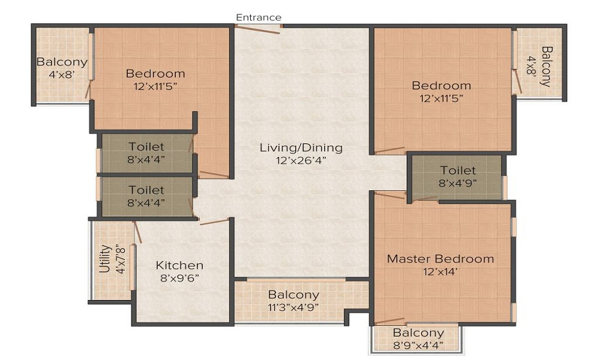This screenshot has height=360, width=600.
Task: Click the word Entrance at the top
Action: point(259,17)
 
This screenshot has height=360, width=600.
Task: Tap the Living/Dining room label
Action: point(301,147)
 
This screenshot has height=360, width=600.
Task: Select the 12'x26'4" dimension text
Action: point(301,160)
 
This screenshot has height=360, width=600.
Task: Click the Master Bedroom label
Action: point(440,259)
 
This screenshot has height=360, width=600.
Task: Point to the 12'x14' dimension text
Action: point(440,272)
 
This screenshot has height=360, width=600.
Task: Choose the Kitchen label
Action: point(179,265)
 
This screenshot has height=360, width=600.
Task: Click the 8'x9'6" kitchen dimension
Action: point(179,278)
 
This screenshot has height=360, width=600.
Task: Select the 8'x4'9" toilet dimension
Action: point(458,183)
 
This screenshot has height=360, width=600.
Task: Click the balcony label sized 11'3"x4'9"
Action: point(293,295)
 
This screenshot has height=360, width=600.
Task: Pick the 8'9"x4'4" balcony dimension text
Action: point(418,345)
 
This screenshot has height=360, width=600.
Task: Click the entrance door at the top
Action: point(258,29)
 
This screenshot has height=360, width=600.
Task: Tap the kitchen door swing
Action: point(214,221)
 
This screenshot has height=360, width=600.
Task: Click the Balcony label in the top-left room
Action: point(62,62)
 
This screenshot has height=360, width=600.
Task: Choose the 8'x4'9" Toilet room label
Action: point(458,170)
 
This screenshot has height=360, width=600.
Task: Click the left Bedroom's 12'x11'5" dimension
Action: point(155,86)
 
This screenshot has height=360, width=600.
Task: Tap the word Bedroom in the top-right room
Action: point(441,85)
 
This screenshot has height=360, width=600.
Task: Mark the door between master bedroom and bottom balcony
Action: point(390,320)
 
